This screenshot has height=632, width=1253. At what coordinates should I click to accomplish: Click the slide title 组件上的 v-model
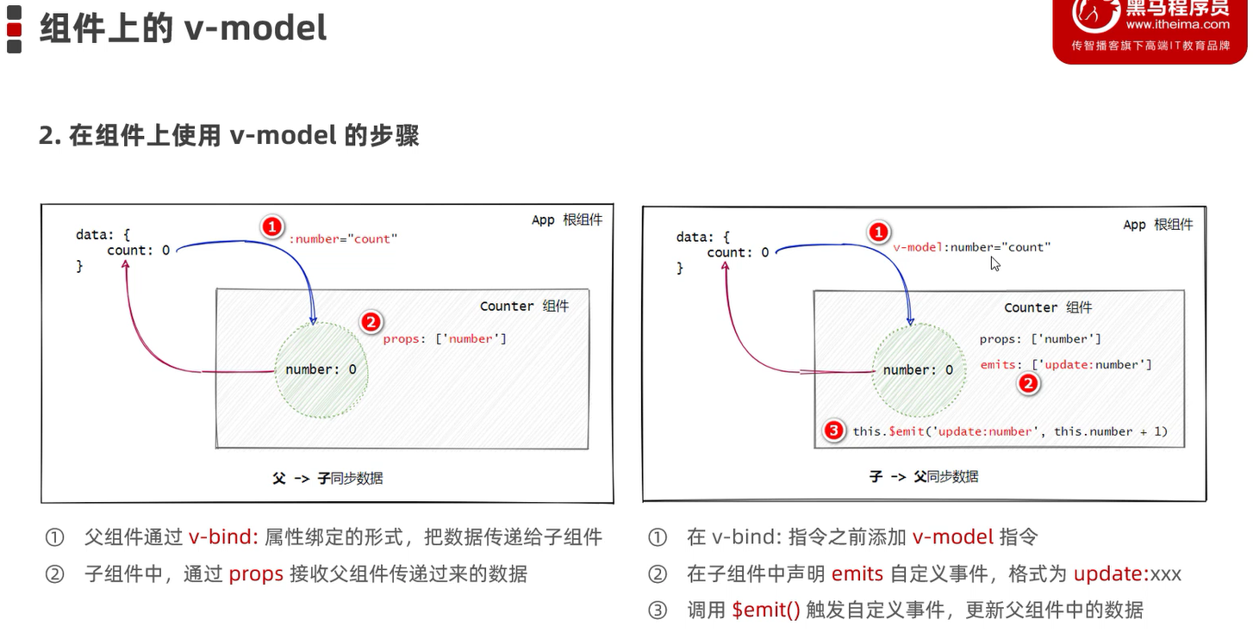point(183,28)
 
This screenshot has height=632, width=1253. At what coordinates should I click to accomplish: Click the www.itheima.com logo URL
point(1176,24)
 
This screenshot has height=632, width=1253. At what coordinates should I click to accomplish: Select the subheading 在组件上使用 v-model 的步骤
point(229,135)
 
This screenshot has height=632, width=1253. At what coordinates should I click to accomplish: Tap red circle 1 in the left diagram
point(271,226)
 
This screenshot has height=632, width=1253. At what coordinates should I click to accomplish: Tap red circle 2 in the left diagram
point(371,322)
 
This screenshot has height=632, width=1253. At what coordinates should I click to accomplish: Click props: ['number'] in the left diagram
point(445,338)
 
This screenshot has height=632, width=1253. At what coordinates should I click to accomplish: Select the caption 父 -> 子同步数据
point(327,477)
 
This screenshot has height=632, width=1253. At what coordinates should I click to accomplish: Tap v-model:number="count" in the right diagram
point(971,247)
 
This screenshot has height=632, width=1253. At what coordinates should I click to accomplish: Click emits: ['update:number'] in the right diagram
point(1066,364)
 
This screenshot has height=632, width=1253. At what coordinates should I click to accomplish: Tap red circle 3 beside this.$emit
point(833,431)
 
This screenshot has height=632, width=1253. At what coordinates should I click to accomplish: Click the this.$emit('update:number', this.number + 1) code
point(1010,431)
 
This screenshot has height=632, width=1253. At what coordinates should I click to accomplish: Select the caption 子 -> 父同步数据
point(924,476)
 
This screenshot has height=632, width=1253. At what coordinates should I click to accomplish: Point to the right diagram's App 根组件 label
point(1157,225)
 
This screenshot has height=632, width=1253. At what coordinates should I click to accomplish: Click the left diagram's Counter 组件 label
point(524,306)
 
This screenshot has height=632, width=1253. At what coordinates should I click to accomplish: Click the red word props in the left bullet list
point(256,573)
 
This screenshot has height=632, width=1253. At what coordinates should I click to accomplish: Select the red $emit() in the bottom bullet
point(766,610)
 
